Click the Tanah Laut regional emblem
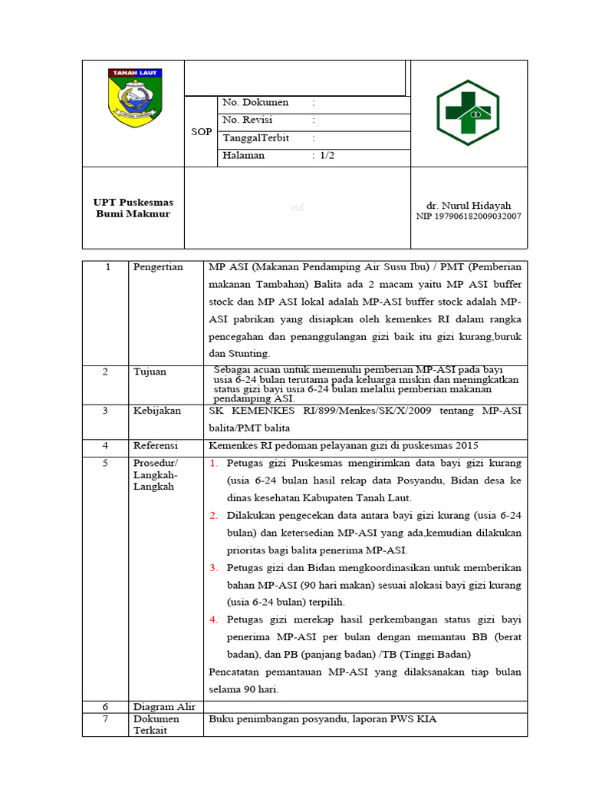click(x=135, y=97)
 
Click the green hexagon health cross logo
click(x=467, y=113)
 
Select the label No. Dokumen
click(x=255, y=103)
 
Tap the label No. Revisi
click(x=247, y=121)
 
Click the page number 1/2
click(x=327, y=156)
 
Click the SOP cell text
click(x=201, y=132)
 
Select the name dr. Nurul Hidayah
click(x=468, y=206)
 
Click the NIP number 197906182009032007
click(x=468, y=216)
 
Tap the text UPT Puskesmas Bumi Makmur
click(x=133, y=208)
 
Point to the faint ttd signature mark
click(x=297, y=208)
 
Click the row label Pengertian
click(x=158, y=267)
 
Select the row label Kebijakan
click(x=156, y=411)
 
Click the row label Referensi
click(x=156, y=445)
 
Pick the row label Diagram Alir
click(x=164, y=707)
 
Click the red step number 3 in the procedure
click(x=214, y=568)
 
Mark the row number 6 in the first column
click(x=107, y=707)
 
